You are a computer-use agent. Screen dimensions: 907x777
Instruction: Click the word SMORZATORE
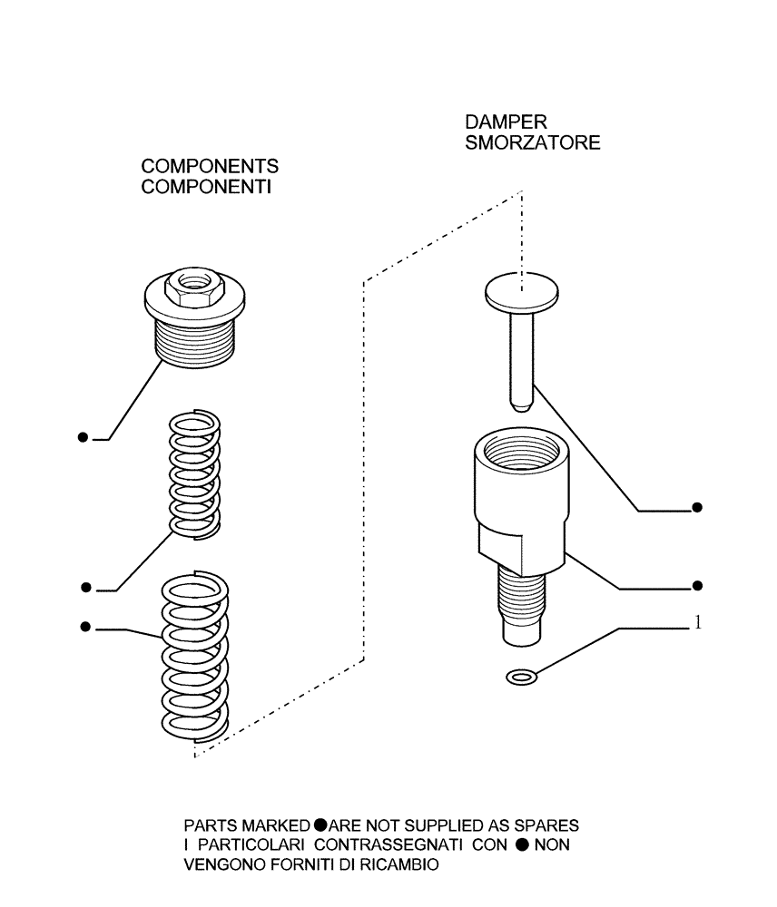point(532,143)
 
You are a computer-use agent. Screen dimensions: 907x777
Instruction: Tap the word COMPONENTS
point(210,167)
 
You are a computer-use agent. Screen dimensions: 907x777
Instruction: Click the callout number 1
point(697,623)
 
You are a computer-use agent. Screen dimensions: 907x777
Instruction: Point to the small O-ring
point(521,676)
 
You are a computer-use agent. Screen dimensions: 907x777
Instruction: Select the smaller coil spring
point(193,473)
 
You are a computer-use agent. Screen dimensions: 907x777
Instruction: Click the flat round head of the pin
point(519,291)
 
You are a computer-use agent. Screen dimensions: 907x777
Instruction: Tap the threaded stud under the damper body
point(522,600)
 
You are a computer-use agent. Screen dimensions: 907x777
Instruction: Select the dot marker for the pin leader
point(696,507)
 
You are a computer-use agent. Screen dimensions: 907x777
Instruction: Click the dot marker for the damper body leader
point(696,585)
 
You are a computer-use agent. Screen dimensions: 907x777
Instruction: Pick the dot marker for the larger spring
point(85,626)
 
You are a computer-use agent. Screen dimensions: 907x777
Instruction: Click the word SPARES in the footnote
point(550,826)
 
